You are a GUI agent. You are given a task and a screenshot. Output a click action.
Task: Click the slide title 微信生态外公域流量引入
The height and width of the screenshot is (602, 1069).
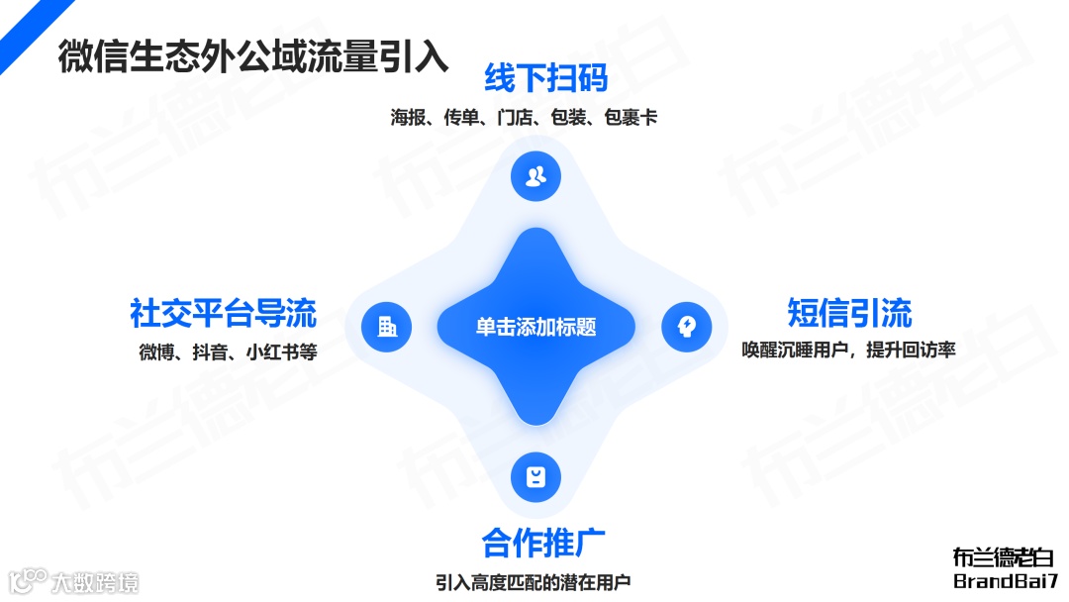point(252,56)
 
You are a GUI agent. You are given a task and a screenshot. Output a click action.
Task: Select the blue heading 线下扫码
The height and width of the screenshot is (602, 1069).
point(545,78)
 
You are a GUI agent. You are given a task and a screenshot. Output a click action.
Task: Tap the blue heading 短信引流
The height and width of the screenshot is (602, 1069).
point(849,313)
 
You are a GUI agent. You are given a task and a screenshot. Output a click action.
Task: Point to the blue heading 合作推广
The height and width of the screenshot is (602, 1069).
point(543,543)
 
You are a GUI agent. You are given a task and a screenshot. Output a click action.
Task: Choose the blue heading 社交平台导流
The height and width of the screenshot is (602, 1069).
point(223,313)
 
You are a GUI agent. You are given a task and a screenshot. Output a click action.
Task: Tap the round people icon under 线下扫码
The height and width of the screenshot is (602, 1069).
point(535,177)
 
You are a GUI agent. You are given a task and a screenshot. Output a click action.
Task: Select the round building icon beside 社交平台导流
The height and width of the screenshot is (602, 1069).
point(387,326)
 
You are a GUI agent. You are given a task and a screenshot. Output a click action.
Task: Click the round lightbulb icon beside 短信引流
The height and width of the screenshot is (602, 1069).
point(686,326)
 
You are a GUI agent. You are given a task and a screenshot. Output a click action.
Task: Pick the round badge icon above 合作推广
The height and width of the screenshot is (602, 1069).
point(535,477)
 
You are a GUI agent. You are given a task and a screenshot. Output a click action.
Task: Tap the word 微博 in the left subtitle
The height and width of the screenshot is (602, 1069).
point(157,352)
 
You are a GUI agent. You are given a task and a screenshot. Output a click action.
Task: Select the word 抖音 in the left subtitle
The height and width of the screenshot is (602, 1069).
point(211,352)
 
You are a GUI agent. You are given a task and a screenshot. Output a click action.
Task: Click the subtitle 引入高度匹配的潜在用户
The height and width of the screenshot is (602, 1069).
point(533,582)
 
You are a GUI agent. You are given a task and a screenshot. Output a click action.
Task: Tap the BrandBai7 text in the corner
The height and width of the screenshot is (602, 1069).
point(1006,581)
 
